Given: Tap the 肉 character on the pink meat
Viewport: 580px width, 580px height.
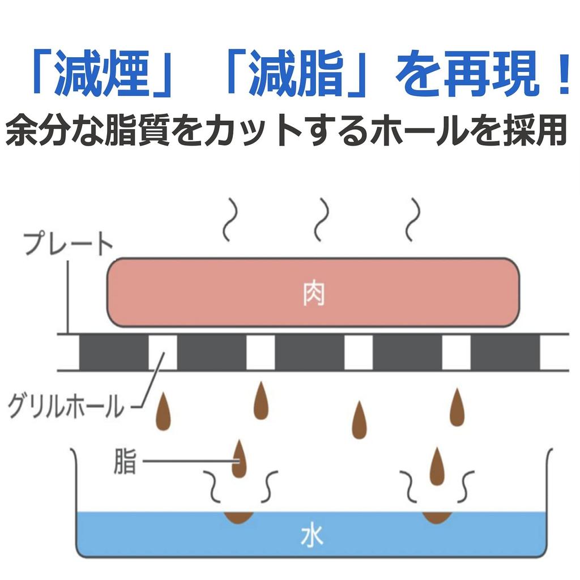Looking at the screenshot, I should (313, 294).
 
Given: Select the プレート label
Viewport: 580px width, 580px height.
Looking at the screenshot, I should (68, 245).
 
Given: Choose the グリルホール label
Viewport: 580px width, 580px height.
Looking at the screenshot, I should (65, 406).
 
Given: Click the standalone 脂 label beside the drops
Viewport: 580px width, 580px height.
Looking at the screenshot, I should (124, 462).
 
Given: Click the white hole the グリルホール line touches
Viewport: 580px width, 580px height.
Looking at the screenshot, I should (163, 352).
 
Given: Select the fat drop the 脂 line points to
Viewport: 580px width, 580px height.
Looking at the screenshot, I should (240, 459).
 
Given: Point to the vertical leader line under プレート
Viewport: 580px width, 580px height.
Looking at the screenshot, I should (68, 295).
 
